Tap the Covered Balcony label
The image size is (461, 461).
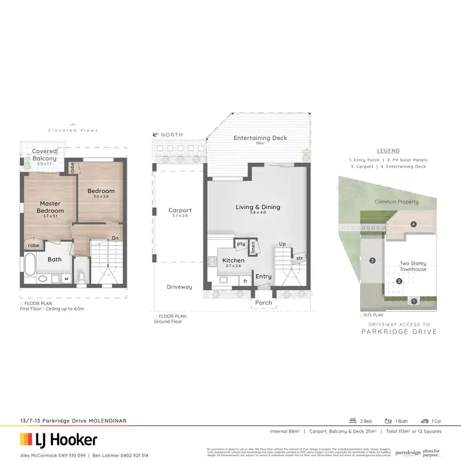point(45,155)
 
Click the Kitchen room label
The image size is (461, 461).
point(233,261)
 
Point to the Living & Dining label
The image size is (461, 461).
point(258,207)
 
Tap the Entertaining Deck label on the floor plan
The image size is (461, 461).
point(260,138)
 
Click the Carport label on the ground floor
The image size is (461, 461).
point(180,210)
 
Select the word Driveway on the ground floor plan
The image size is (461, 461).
point(179,287)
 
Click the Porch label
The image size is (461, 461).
point(264,303)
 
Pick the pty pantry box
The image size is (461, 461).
point(241,244)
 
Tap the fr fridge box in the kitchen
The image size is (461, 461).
point(246,280)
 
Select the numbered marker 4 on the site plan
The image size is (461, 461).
point(414,224)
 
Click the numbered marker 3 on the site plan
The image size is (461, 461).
point(372,261)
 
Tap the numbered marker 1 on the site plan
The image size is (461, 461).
point(414,301)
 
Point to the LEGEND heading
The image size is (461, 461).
point(388,151)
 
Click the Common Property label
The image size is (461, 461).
point(396,202)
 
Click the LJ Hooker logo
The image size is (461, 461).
point(59,439)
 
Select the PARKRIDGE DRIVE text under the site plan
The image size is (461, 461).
point(399,332)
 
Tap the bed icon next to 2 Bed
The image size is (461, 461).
point(352,421)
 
